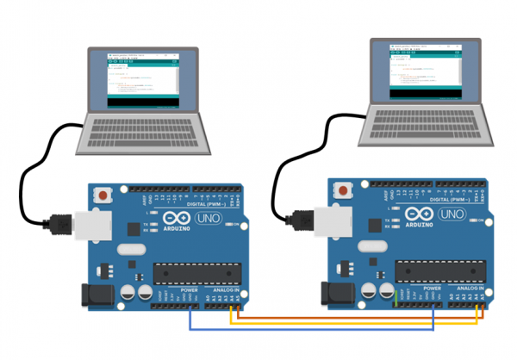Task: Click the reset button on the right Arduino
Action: pos(345,189)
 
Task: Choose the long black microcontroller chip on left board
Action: pos(197,274)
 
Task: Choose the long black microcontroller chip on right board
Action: pos(438,269)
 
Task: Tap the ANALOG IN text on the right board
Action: pos(473,286)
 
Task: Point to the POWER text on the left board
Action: pos(190,291)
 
